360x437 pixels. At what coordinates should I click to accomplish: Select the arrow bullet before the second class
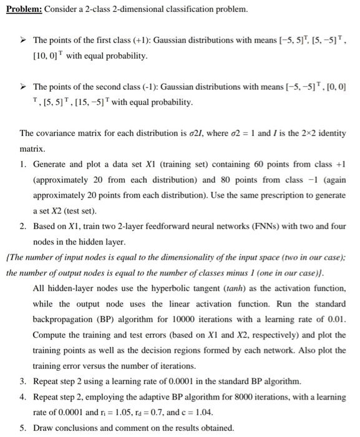24,86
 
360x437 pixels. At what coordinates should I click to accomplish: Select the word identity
331,132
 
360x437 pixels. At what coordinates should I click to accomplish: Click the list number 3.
22,380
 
